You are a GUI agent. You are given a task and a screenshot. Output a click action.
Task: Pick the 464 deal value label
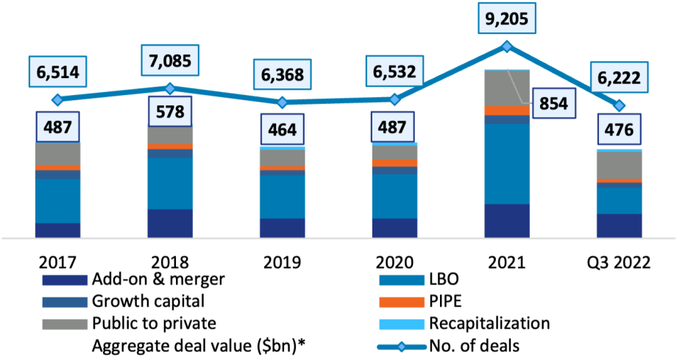tap(283, 129)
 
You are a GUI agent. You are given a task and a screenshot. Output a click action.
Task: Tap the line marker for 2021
tap(507, 46)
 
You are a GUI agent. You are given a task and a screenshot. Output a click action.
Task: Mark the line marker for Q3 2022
tap(620, 105)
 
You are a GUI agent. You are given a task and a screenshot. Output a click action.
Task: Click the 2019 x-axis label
tap(283, 262)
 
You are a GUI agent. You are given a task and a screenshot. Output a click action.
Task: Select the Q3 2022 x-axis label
tap(619, 262)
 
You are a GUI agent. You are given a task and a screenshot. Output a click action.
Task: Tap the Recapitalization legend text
tap(489, 323)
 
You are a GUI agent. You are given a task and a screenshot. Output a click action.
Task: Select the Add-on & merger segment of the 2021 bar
tap(507, 221)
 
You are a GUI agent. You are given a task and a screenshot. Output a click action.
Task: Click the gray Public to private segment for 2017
tap(57, 154)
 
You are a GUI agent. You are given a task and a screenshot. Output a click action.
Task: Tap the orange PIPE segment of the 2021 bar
tap(507, 110)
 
